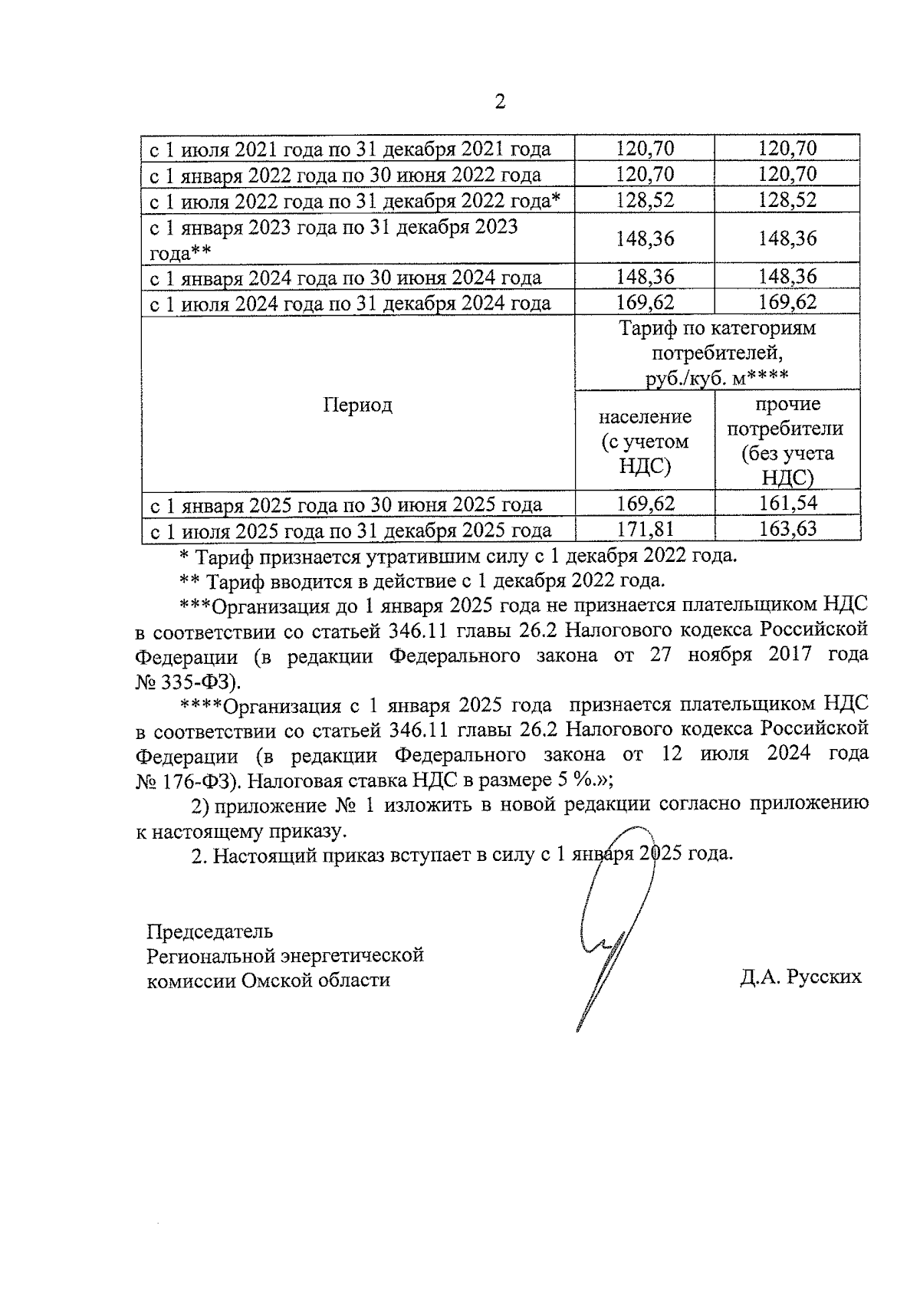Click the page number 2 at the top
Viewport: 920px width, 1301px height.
500,102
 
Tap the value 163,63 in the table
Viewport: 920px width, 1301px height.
787,529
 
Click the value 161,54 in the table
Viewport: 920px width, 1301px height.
787,504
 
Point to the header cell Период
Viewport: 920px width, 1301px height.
357,405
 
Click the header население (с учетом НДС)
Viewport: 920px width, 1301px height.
645,442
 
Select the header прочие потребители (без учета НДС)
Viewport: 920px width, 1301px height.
787,442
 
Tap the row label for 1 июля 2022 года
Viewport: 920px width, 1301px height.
355,201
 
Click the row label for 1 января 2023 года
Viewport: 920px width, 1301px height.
333,239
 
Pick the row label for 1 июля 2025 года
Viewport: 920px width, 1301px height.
350,531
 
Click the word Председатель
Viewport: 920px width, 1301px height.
209,931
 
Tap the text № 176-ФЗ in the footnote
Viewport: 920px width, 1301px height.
188,780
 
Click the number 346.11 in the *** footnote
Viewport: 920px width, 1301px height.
420,631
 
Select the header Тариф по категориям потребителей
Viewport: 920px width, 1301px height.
718,353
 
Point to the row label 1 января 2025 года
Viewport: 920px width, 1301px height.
345,505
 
